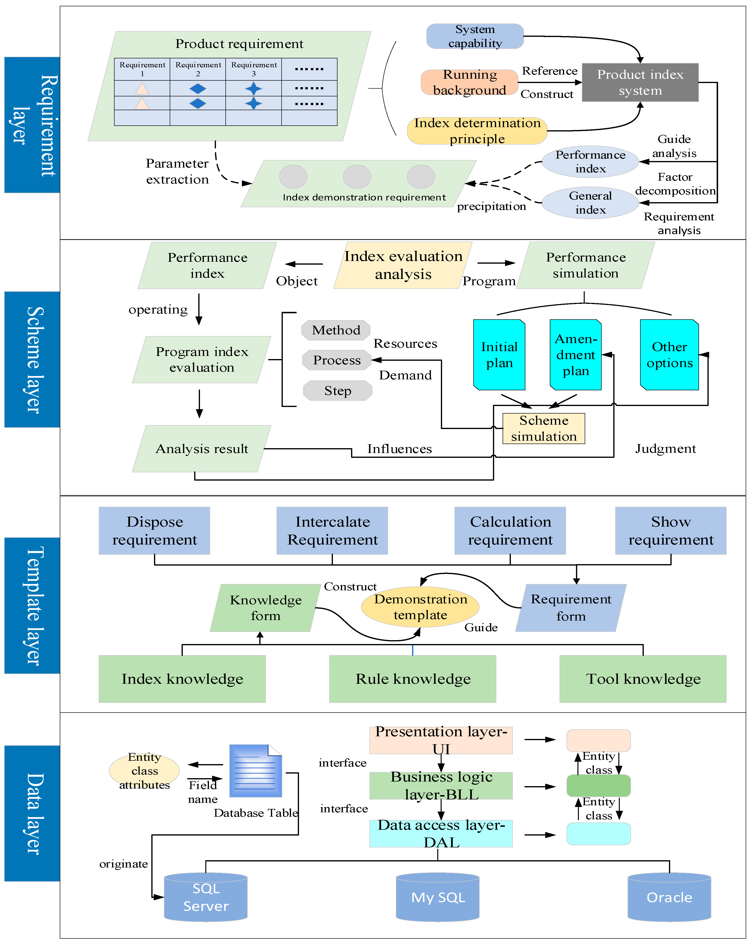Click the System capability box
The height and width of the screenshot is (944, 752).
[475, 36]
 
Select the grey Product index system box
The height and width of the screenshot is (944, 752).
[640, 82]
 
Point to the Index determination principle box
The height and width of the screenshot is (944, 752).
[477, 130]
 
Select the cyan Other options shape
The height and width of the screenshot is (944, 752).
[669, 355]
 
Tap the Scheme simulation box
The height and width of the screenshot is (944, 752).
[544, 428]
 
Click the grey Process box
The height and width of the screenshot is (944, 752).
[337, 360]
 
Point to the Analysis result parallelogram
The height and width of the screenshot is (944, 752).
[202, 449]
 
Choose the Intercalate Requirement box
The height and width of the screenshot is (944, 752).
[332, 531]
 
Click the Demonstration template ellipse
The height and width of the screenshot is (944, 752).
[420, 607]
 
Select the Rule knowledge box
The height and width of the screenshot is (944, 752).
[413, 679]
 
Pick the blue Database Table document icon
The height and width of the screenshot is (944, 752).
[256, 771]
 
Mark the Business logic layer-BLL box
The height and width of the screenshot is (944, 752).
[441, 785]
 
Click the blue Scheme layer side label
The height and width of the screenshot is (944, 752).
[32, 360]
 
